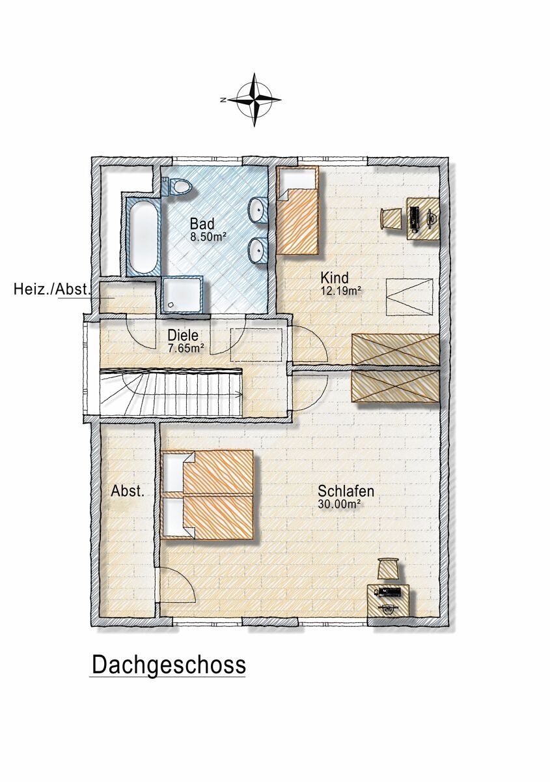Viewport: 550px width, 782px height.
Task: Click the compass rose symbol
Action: tap(254, 100)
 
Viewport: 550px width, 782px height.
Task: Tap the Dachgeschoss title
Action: tap(169, 665)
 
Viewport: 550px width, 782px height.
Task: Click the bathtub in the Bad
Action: tap(143, 237)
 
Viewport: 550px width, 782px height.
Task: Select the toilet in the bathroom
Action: tap(177, 186)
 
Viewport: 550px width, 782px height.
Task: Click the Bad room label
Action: tap(202, 224)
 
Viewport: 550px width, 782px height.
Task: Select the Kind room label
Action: tap(335, 278)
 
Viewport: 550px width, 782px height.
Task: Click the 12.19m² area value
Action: tap(340, 291)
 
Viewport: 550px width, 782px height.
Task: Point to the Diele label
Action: tap(183, 336)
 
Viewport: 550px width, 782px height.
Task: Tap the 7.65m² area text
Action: tap(186, 348)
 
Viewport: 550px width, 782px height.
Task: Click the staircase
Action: tap(171, 392)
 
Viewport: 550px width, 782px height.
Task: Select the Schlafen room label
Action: tap(346, 491)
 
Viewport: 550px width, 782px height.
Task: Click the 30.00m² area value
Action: tap(338, 504)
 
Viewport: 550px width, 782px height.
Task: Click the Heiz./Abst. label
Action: tap(53, 289)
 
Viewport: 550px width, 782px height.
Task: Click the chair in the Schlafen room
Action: tap(389, 568)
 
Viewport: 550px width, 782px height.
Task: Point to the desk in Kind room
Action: tap(423, 218)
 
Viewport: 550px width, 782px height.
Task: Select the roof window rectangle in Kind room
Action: tap(410, 297)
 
